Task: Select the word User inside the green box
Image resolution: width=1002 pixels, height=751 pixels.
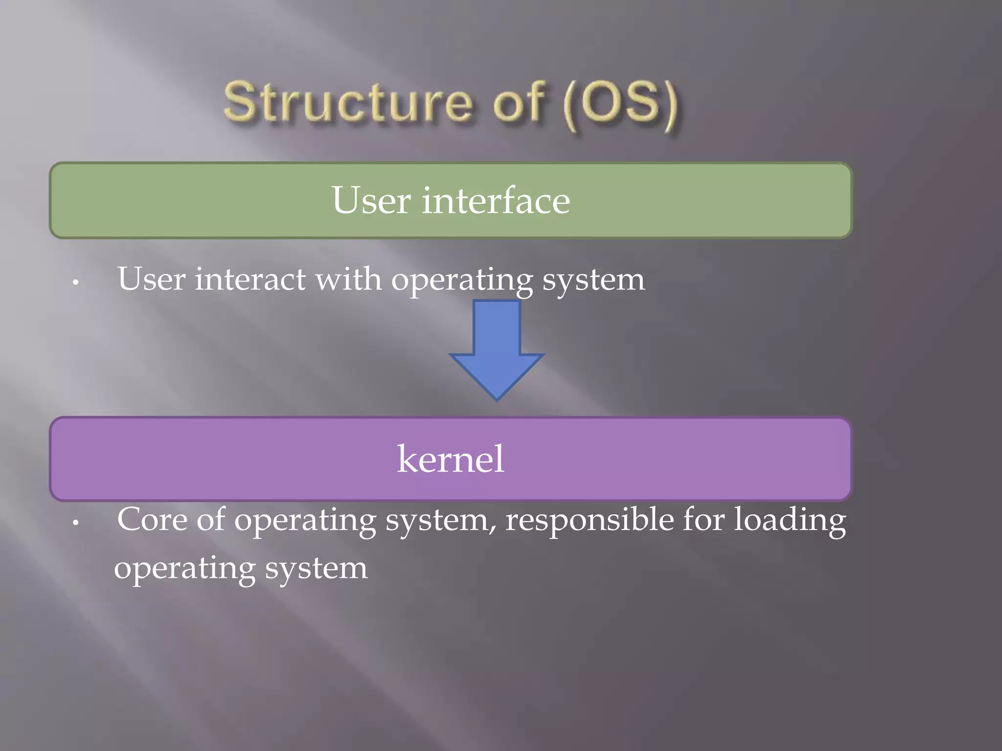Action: pyautogui.click(x=371, y=200)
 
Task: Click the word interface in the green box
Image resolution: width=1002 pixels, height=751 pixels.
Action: pyautogui.click(x=496, y=200)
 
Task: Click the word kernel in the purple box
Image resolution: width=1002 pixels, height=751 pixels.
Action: pyautogui.click(x=450, y=459)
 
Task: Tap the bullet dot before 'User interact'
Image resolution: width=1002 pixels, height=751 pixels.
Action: pyautogui.click(x=75, y=282)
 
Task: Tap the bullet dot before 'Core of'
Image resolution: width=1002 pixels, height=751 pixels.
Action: pyautogui.click(x=75, y=523)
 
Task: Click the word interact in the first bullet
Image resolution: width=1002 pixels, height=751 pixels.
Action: pyautogui.click(x=250, y=279)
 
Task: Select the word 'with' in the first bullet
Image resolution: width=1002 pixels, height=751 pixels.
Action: pyautogui.click(x=348, y=279)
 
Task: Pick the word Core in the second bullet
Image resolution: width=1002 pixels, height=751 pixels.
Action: pyautogui.click(x=152, y=519)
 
